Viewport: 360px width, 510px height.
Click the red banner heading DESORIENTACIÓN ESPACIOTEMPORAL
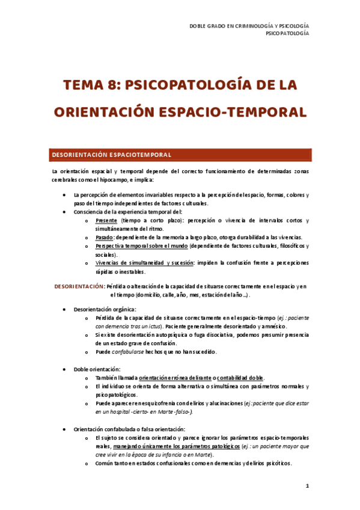(x=111, y=155)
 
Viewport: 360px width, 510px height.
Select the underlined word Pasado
(x=105, y=238)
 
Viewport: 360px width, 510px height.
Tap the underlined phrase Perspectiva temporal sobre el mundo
(x=141, y=246)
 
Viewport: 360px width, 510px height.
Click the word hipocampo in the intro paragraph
(x=122, y=180)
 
